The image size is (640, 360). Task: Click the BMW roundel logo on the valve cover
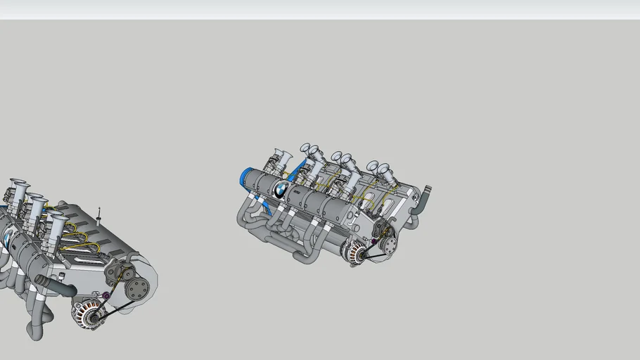280,188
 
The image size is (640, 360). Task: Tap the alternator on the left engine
89,313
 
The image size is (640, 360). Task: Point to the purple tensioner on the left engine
106,295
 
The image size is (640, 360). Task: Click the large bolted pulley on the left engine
139,287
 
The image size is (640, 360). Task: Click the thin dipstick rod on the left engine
99,215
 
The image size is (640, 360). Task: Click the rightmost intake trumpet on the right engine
384,171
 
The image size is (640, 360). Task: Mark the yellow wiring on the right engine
366,200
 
